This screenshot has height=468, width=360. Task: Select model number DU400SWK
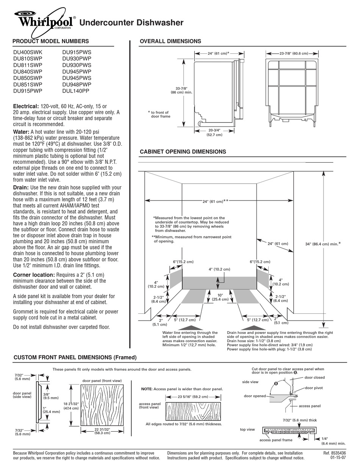coord(28,52)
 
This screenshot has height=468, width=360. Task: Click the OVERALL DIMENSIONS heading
coord(171,41)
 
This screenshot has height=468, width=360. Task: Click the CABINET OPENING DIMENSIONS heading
coord(183,152)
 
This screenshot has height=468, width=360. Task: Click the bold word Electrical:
coord(26,106)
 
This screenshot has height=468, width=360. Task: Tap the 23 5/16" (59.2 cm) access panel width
coord(193,397)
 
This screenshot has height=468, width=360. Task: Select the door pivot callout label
coord(314,388)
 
